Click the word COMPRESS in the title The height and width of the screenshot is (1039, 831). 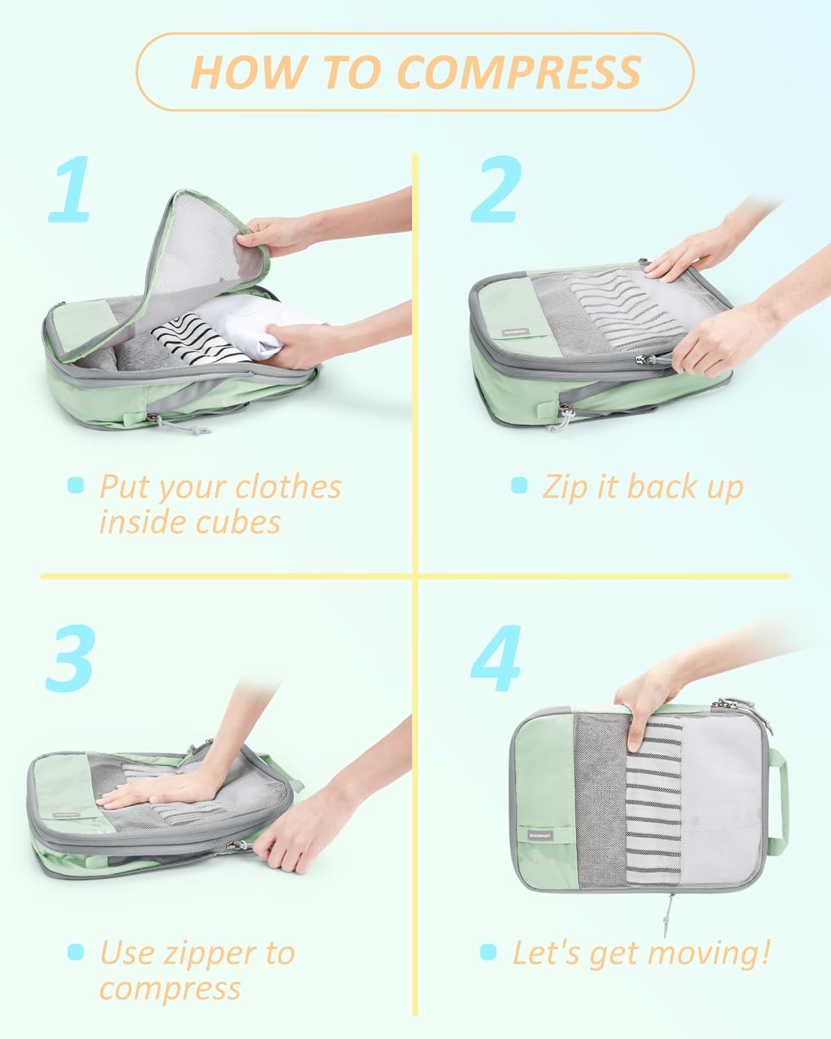coord(520,72)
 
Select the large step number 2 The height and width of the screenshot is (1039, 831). coord(496,189)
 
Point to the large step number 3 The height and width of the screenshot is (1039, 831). coord(69,658)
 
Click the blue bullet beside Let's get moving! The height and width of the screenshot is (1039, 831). coord(488,952)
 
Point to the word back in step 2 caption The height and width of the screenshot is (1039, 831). coord(654,487)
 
